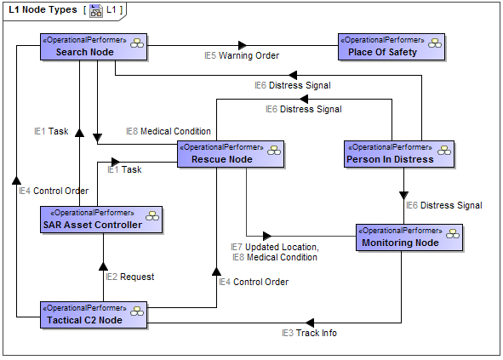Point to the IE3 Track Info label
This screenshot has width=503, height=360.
[x=309, y=333]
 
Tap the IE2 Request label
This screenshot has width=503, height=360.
[x=129, y=277]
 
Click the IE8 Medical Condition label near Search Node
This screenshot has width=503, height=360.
[x=168, y=131]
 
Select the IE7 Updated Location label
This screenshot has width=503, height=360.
[x=275, y=247]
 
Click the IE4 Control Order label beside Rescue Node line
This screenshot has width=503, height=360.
[x=253, y=282]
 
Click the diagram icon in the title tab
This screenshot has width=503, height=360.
[x=97, y=9]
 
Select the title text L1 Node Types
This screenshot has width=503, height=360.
[x=42, y=9]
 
